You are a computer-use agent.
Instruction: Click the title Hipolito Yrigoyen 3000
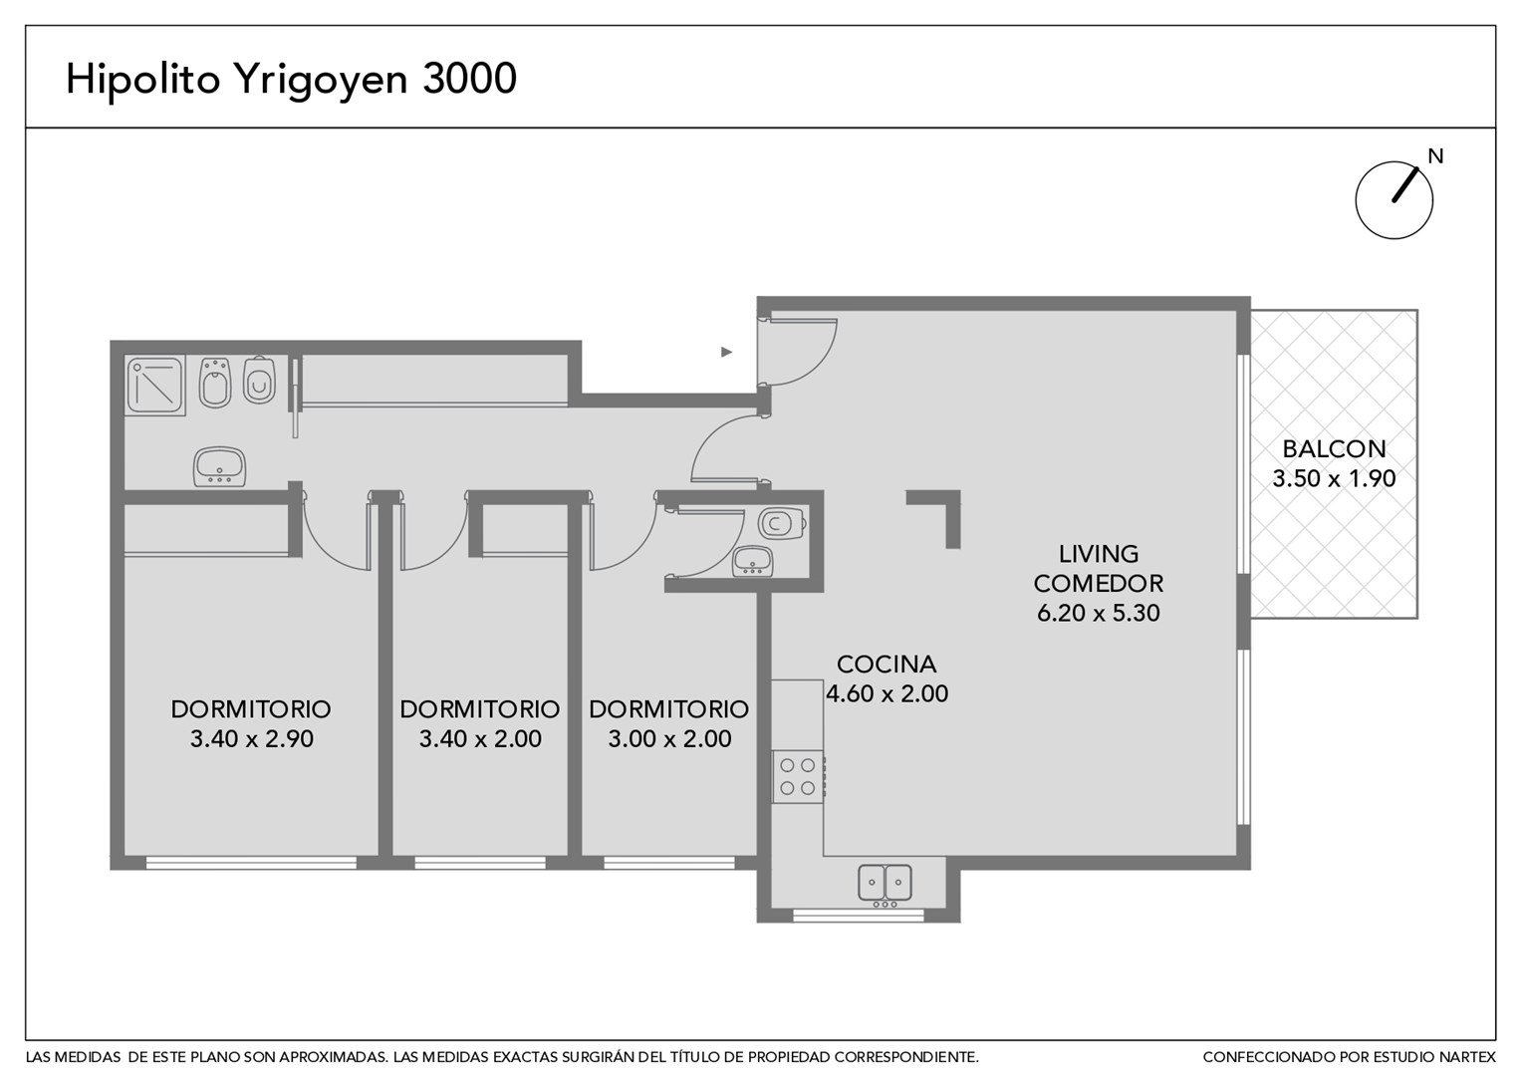coord(291,81)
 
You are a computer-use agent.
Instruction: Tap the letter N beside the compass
coord(1435,156)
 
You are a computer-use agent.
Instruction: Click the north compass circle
coord(1395,200)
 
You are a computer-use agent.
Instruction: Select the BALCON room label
coord(1334,449)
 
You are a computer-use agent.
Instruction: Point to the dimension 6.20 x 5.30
coord(1098,613)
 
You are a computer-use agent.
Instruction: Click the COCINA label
coord(887,665)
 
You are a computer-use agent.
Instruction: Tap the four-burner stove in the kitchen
coord(799,776)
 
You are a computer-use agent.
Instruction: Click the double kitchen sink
coord(885,885)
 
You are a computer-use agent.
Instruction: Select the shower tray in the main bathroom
coord(155,386)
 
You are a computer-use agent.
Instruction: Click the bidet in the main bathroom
coord(215,383)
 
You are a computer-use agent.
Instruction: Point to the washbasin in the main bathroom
coord(219,466)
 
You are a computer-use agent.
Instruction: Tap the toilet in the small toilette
coord(782,523)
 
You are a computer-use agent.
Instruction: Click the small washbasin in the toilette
coord(752,562)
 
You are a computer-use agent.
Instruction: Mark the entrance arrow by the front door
coord(726,352)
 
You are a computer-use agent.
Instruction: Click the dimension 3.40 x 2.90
coord(251,739)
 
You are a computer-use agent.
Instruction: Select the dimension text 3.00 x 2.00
coord(669,739)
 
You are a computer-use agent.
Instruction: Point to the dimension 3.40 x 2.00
coord(480,739)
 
